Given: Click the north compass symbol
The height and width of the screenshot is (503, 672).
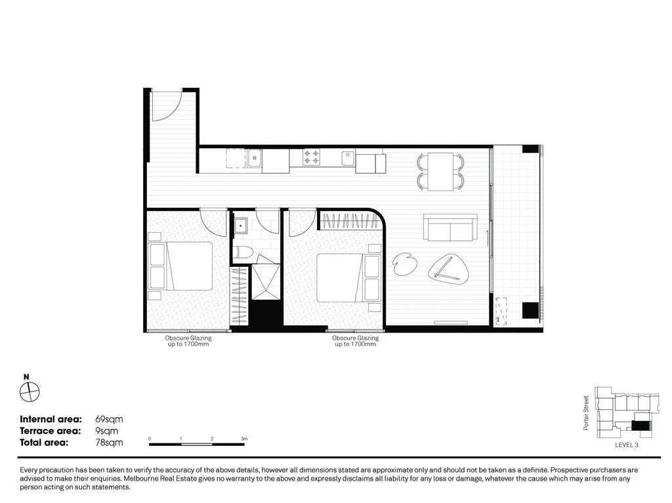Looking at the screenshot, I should pos(30,392).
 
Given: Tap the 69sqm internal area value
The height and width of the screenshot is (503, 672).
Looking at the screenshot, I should pos(109,419).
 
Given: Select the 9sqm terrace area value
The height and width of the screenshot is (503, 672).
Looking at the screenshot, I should pos(107,431).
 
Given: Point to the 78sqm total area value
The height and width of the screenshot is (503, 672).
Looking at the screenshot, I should pos(109,443).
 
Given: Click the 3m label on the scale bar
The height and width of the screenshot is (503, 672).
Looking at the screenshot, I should pos(243,438).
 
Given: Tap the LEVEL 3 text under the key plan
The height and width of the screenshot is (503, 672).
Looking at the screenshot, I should pos(626,445).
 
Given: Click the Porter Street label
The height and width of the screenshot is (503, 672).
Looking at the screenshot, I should pos(587,412).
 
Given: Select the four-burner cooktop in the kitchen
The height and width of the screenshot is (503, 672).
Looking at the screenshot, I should pos(311,157).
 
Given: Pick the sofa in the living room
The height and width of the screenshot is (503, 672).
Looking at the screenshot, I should pos(450,228).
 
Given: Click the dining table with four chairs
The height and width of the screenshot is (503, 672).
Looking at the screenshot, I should pos(441,171).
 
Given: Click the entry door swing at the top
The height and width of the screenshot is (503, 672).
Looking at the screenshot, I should pos(167,106).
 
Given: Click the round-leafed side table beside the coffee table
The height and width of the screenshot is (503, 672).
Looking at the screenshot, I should pos(402,264).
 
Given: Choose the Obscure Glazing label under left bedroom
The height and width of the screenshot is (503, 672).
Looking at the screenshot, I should pos(188,341).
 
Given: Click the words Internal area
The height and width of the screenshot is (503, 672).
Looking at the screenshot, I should pos(51,419).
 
